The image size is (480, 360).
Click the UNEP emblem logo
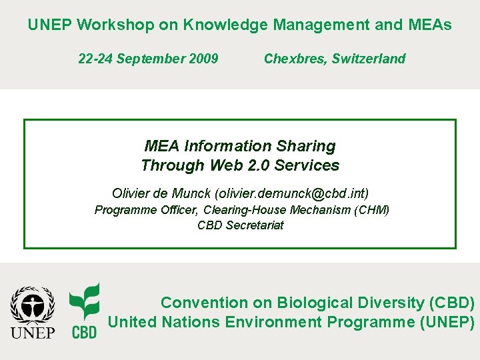33,312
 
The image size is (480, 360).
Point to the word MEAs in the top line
429,25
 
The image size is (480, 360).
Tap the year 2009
203,59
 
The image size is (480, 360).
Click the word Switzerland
370,59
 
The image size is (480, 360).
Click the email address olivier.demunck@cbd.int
290,193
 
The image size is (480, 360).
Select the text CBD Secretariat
240,225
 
